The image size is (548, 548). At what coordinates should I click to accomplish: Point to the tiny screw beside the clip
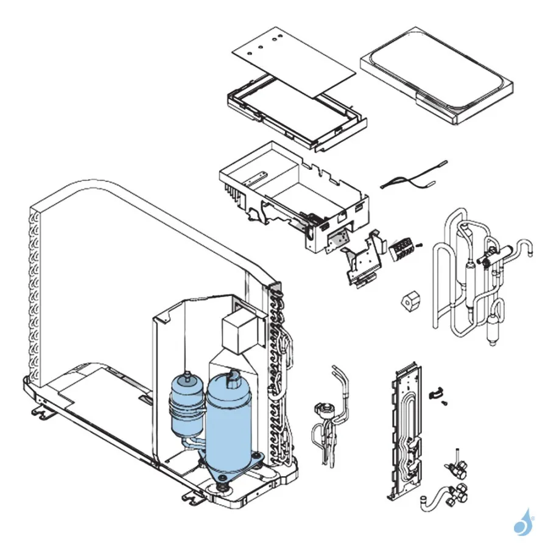pos(446,402)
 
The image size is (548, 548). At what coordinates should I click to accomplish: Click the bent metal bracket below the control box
pos(363,262)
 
